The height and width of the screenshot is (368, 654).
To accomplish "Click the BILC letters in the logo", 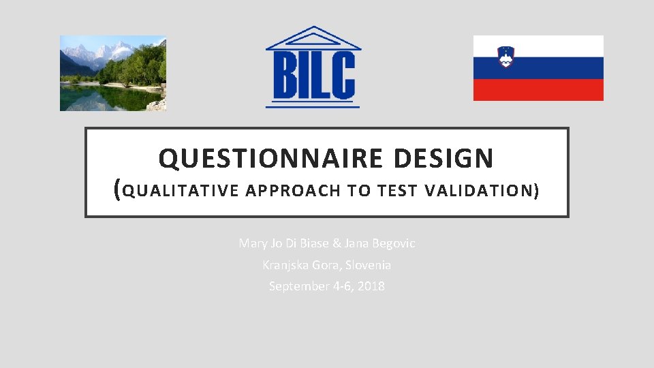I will click(x=313, y=76).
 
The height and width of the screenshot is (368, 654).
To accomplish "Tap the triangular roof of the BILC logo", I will click(x=313, y=38).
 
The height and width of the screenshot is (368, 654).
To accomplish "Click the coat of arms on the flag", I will click(x=505, y=57).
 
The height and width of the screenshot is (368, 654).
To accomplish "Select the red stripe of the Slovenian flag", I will click(x=538, y=89).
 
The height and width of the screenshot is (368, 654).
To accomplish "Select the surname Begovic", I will click(x=394, y=243).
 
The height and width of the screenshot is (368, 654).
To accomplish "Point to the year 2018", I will click(x=371, y=286).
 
